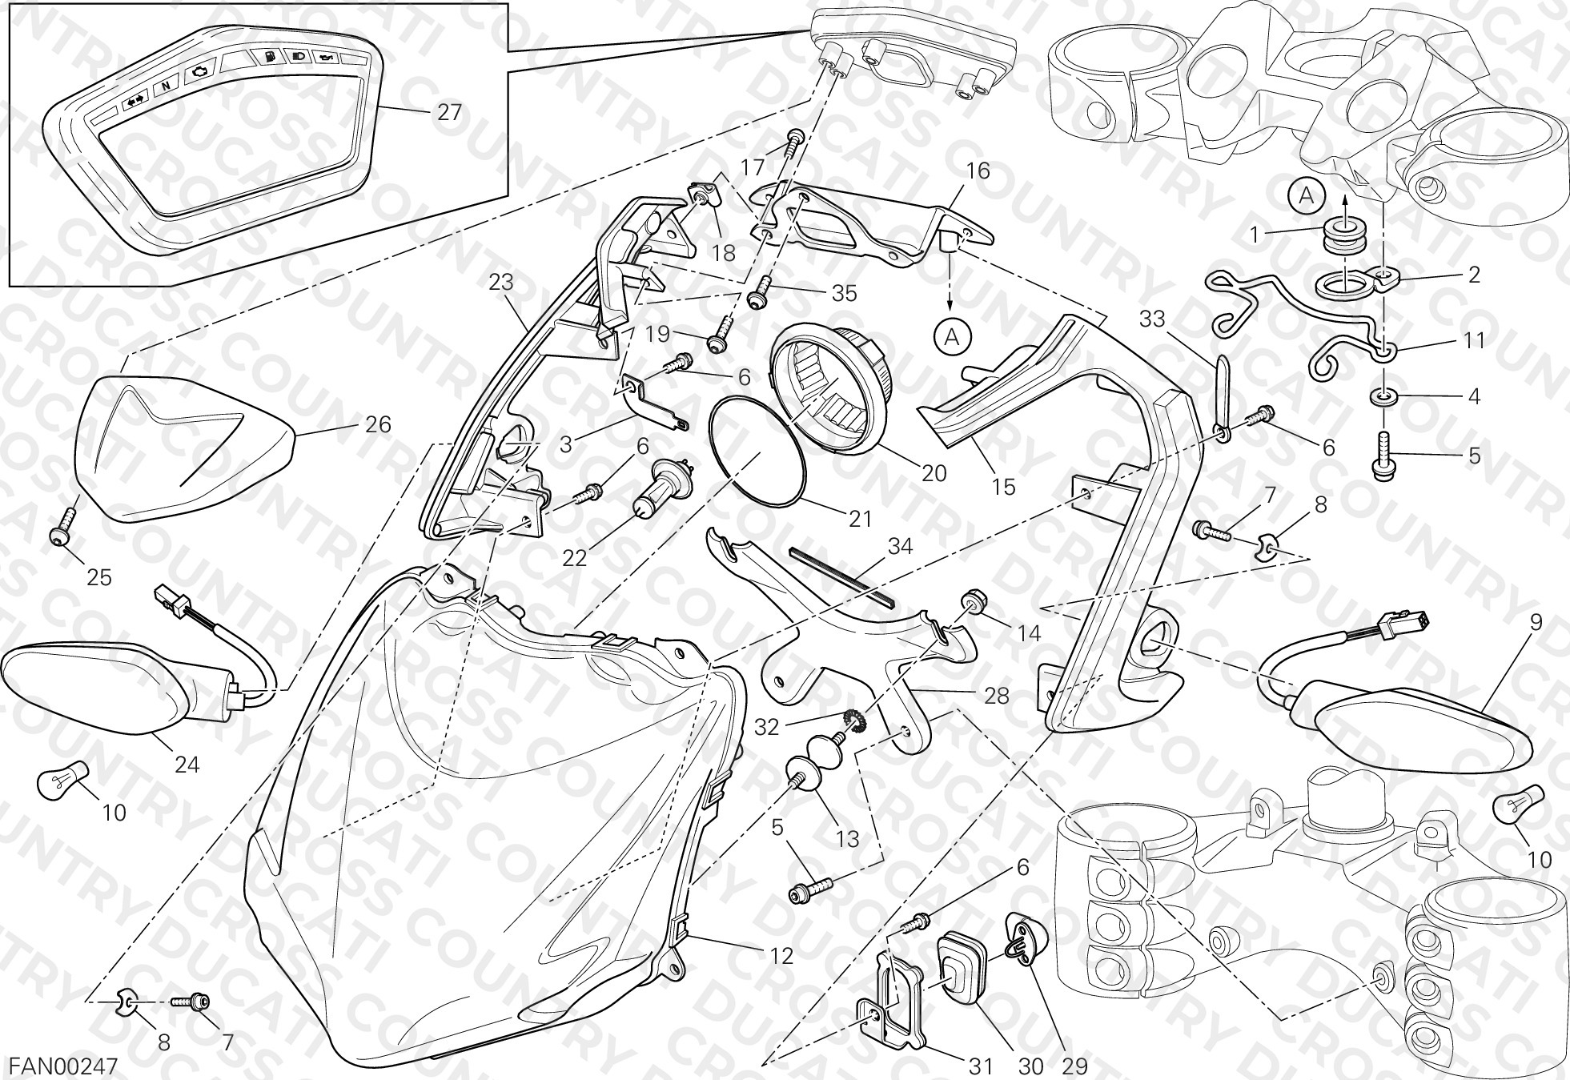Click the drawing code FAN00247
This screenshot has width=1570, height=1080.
pos(63,1066)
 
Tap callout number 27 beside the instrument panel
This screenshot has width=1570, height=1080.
pos(449,112)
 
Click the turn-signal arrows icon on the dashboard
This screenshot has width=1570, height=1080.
pos(133,102)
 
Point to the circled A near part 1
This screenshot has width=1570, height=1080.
pos(1307,196)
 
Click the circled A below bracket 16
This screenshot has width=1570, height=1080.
pos(951,338)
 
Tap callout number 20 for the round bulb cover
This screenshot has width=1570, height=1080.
pos(934,473)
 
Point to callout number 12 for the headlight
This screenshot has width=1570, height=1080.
pos(781,956)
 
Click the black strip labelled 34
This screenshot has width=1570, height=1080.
pos(841,573)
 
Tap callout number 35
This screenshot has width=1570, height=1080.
pos(844,293)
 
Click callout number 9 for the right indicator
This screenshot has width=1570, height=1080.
pos(1535,623)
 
